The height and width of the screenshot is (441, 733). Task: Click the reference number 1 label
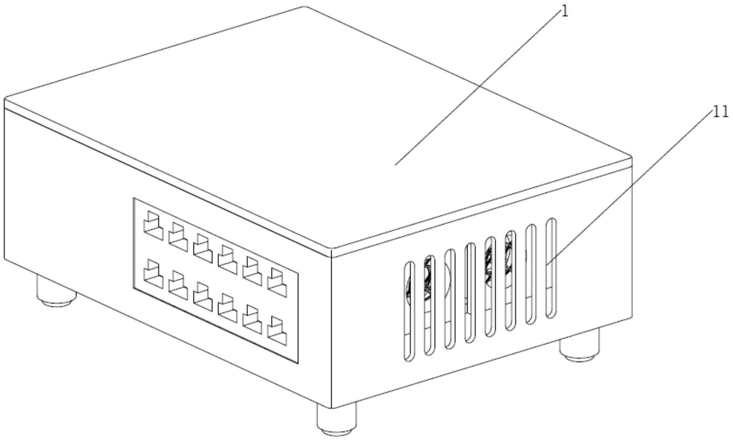point(565,12)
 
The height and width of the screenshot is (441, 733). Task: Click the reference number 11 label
point(721,112)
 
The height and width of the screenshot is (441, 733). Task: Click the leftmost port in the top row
point(153,225)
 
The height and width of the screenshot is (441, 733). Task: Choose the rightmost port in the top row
point(277,283)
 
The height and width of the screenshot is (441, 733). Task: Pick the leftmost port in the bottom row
point(153,274)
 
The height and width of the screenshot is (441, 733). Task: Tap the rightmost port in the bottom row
point(277,331)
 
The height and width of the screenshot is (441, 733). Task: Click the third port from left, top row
point(203,248)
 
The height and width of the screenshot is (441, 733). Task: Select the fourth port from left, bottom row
point(227,308)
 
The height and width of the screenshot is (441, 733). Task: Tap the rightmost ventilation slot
point(551,268)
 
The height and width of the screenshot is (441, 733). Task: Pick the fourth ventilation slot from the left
point(470,293)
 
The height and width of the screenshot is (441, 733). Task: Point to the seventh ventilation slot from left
point(531,274)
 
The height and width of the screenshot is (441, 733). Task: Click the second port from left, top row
point(178,237)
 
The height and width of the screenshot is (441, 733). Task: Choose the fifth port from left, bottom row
point(252,319)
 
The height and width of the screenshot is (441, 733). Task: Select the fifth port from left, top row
point(252,271)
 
